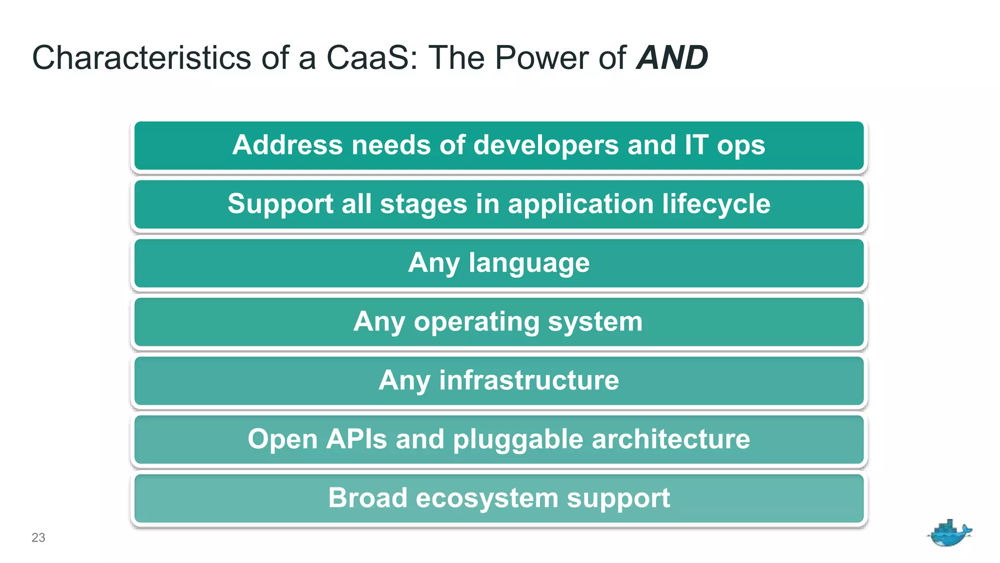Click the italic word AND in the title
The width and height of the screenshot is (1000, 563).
672,58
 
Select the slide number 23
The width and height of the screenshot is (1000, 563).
38,538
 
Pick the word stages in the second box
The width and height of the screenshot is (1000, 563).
423,204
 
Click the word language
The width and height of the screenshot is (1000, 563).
529,263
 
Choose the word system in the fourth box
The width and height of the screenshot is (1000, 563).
595,322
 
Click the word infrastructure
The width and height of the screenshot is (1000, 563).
529,380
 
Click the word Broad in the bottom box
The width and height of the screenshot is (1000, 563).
367,498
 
